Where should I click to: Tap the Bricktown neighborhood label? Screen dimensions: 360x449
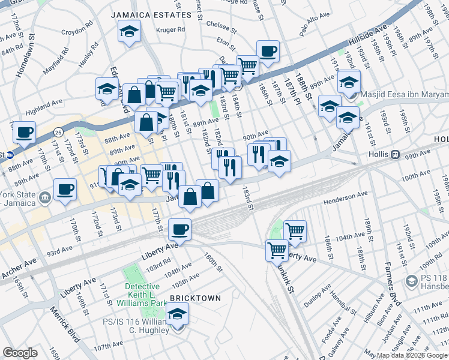(x=194, y=298)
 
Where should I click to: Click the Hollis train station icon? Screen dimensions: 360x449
(x=395, y=155)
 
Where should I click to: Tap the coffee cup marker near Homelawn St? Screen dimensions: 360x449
(x=24, y=132)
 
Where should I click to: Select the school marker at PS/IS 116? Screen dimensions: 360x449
(x=177, y=314)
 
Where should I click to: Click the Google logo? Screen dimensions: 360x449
(x=20, y=353)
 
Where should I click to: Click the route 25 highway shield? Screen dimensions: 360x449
(x=58, y=131)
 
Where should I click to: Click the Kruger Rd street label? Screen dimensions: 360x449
(x=172, y=29)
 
